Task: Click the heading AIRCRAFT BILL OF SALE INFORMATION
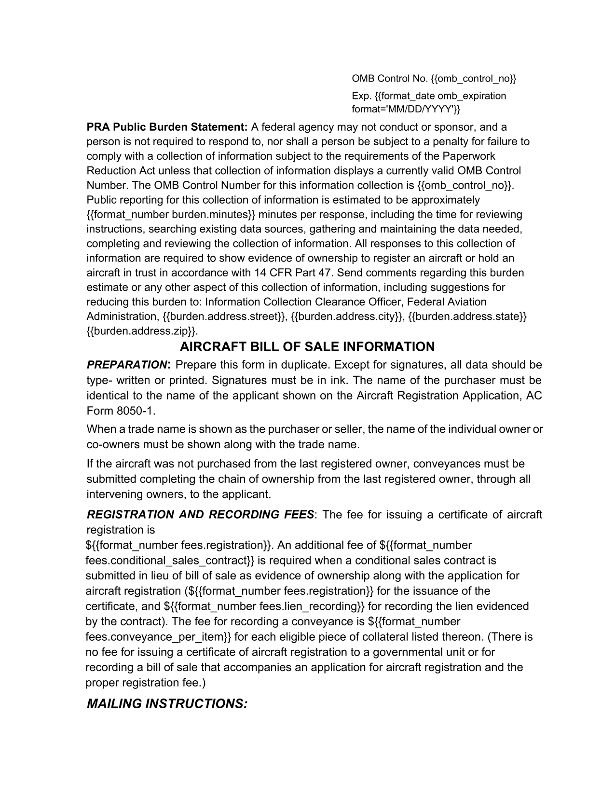[x=307, y=347]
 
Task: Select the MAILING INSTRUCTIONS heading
[x=167, y=704]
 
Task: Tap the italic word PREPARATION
[x=126, y=365]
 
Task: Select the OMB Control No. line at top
[x=434, y=79]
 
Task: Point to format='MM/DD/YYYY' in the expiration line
[x=406, y=110]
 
